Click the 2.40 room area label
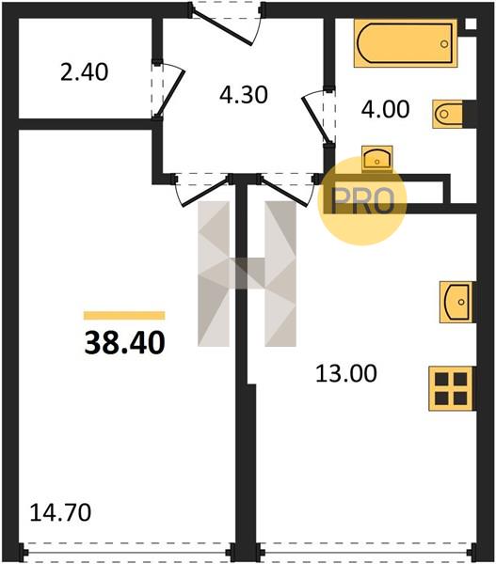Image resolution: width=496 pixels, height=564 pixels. pos(84,72)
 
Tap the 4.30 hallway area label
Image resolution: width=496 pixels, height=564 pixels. pos(244,95)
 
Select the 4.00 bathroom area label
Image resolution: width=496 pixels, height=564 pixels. pos(385,109)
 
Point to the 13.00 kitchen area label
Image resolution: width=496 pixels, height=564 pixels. pos(346,373)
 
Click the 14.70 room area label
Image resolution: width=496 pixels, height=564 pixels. pos(60,512)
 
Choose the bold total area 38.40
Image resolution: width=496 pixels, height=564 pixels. pos(124,343)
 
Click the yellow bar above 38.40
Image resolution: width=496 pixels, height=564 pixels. pos(124,316)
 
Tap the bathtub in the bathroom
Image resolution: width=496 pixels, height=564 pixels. pos(406,43)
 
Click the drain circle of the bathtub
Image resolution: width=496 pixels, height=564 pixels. pos(444,44)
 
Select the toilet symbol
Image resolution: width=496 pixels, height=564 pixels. pos(448,114)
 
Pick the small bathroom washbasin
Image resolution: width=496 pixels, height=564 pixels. pos(376,158)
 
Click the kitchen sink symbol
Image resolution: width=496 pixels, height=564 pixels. pos(456,302)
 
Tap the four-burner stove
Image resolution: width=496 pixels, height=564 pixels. pos(451,388)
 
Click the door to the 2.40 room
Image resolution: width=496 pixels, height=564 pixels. pos(171,92)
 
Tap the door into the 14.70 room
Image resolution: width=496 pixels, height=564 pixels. pos(206,193)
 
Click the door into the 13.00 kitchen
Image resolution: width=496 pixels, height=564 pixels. pos(284,191)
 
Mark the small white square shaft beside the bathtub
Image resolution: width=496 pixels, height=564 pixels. pos(470,23)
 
